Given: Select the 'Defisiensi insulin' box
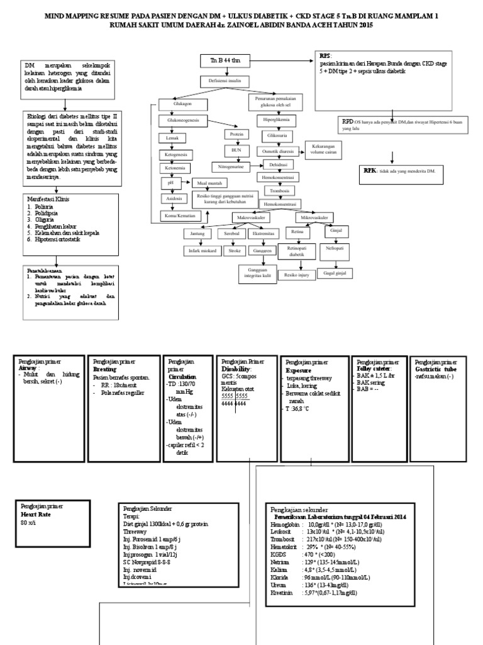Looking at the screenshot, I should pos(221,82).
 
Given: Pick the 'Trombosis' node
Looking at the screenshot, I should pos(279,190).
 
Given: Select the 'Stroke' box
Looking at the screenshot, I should pos(235,250).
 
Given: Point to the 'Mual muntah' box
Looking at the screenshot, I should pos(210,183).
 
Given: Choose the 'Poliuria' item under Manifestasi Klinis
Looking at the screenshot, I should pos(45,206).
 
